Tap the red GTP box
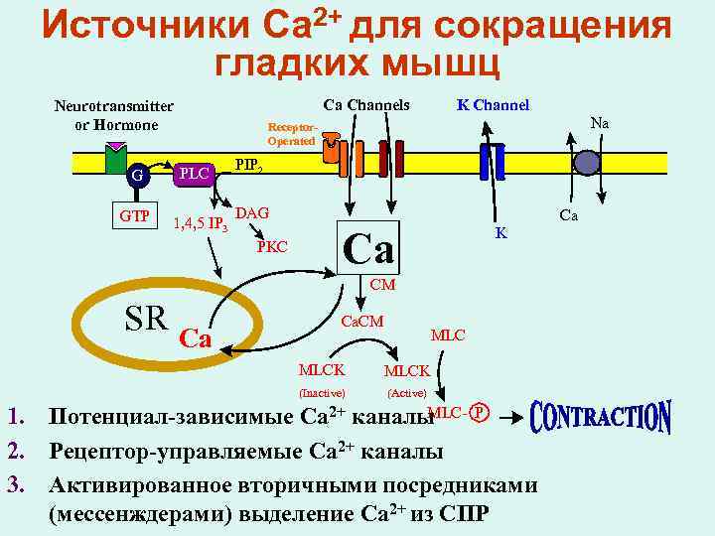click(x=136, y=215)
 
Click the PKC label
click(x=272, y=245)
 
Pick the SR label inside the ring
click(x=146, y=317)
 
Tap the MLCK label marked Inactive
click(x=322, y=370)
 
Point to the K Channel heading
click(x=493, y=104)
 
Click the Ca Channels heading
click(x=366, y=104)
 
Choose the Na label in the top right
click(x=599, y=123)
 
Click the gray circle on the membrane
click(x=588, y=163)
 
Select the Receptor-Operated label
click(x=291, y=134)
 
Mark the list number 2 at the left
click(x=15, y=453)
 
